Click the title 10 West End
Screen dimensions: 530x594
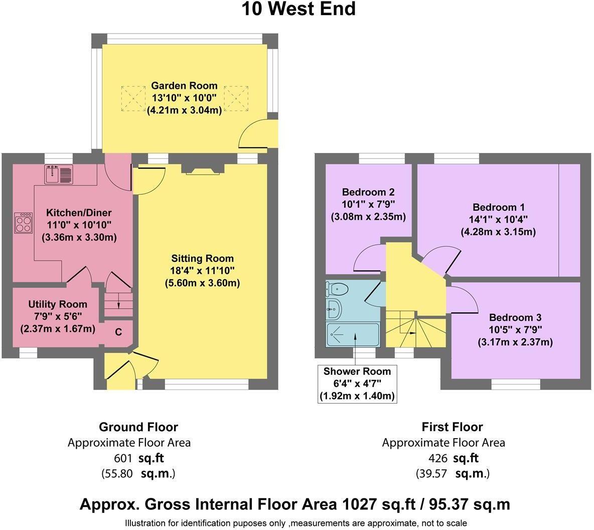pos(299,10)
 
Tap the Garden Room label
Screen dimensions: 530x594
pos(184,86)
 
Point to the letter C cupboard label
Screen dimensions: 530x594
pos(119,332)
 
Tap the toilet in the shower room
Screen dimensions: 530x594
pos(337,289)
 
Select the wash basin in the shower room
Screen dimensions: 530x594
pos(333,308)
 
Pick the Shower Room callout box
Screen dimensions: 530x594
pos(357,383)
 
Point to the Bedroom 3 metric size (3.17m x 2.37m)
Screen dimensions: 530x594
pos(515,342)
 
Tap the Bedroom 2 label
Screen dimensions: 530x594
pos(368,192)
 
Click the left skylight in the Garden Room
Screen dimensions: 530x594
pos(133,98)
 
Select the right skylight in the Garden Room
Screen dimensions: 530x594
pos(236,98)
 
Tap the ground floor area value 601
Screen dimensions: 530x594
pos(123,458)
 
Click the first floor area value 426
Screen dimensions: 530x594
pos(437,458)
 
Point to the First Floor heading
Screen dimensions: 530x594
pos(452,427)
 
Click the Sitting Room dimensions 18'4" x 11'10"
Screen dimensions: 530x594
pos(202,271)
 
